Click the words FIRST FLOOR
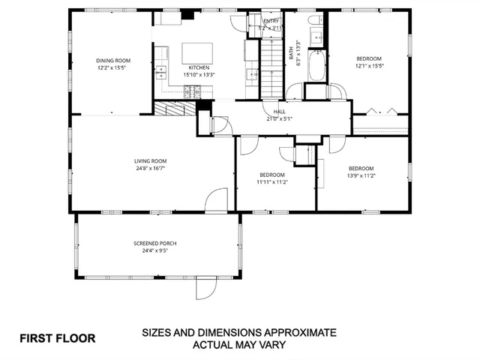[58, 337]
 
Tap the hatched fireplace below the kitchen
[175, 109]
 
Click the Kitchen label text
[199, 67]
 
